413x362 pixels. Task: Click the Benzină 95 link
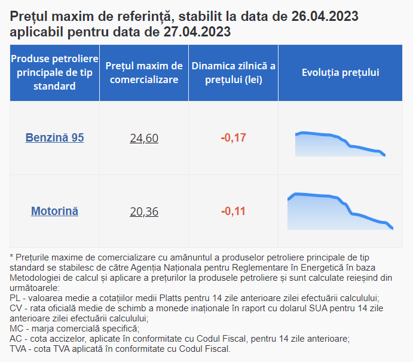tap(54, 138)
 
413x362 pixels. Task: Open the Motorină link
tap(54, 211)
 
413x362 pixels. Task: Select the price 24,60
tap(144, 138)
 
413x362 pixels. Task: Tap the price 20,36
tap(144, 211)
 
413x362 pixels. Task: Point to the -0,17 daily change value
tap(233, 138)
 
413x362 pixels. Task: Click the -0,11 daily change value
tap(233, 211)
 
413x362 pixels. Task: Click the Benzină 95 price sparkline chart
tap(340, 144)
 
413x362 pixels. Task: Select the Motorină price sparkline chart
tap(340, 211)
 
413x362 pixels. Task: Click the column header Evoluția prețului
tap(340, 72)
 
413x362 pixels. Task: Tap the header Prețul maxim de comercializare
tap(144, 73)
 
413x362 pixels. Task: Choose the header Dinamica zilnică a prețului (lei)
tap(233, 73)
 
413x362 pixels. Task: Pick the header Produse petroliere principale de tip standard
tap(54, 72)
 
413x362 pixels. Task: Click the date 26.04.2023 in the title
tap(325, 16)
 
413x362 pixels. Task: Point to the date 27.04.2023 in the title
tap(197, 32)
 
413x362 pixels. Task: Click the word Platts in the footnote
tap(170, 298)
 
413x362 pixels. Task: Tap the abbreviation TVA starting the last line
tap(18, 349)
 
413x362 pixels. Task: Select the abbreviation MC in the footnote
tap(16, 329)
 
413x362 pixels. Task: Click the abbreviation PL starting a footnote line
tap(15, 298)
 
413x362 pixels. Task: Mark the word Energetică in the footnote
tap(322, 268)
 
